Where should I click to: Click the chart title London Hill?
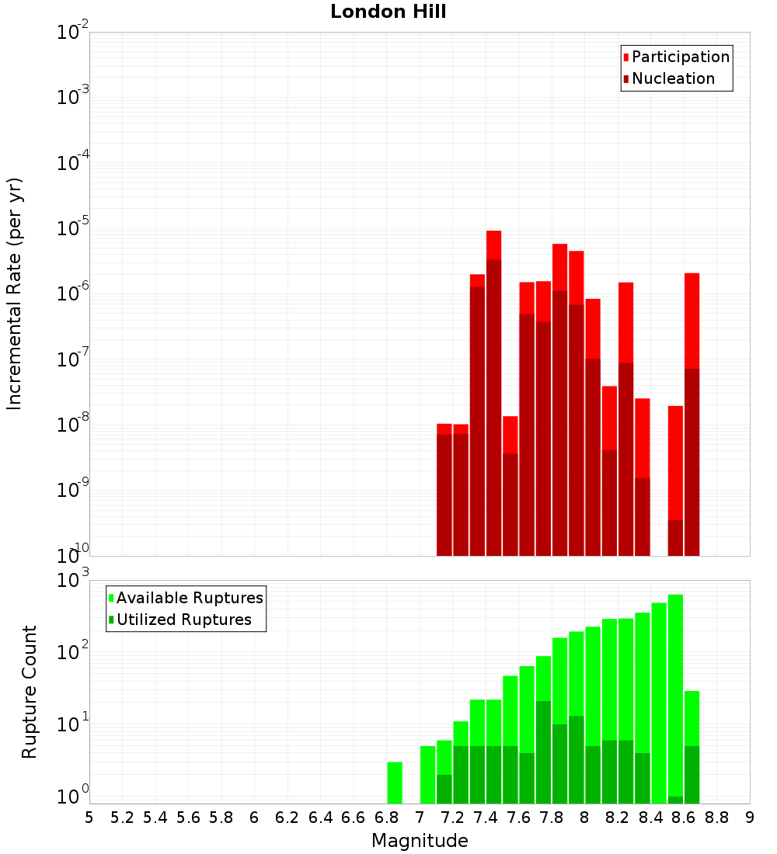coord(388,12)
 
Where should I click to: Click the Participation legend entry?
coord(681,57)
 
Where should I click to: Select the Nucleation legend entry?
coord(673,79)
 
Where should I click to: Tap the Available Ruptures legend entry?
coord(190,599)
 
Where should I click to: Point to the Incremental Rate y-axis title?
coord(15,293)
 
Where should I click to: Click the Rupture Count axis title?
coord(30,691)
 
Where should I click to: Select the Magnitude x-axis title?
coord(420,841)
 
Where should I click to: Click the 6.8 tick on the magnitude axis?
coord(386,817)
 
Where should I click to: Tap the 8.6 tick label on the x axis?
coord(684,817)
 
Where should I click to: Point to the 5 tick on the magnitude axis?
coord(89,817)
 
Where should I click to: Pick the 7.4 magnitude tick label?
coord(486,817)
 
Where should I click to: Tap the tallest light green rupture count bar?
coord(675,699)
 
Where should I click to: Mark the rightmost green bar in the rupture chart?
coord(692,745)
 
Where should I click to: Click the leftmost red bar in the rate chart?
coord(444,489)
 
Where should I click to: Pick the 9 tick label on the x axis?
coord(750,817)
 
